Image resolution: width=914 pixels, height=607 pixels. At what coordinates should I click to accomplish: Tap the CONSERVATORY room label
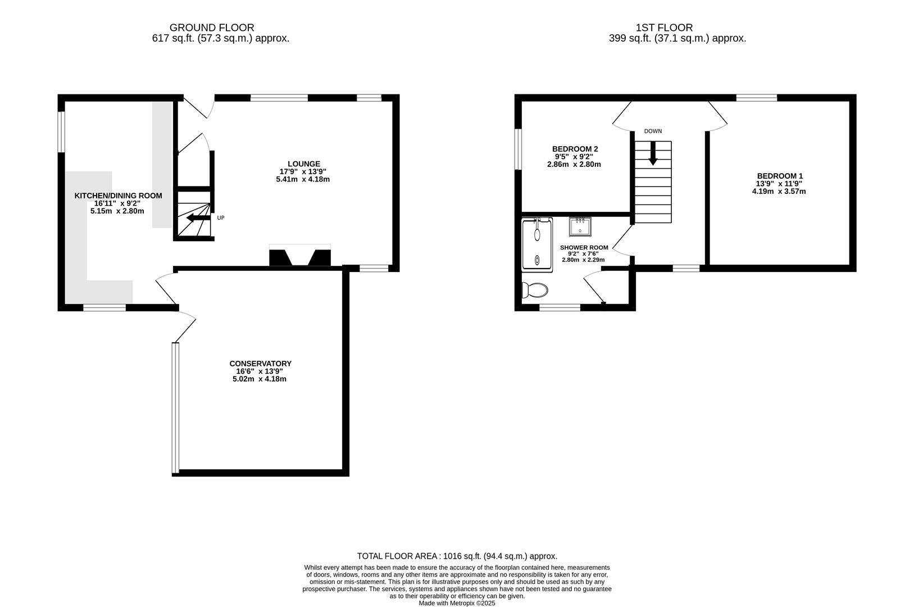260,364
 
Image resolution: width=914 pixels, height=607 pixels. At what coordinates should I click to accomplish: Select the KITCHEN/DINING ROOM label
118,196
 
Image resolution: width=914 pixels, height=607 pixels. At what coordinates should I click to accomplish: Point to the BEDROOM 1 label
779,176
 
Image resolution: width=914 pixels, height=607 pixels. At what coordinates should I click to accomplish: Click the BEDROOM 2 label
575,149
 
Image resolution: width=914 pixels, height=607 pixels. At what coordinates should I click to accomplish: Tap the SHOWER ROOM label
584,247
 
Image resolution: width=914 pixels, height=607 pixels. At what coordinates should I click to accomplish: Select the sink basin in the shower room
579,227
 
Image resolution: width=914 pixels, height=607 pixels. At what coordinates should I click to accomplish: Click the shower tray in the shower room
537,246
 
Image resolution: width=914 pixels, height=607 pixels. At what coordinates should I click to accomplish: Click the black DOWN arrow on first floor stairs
652,153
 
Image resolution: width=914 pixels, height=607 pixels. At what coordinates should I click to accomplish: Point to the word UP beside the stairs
221,218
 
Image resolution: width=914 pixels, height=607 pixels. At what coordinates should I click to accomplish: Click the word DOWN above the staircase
653,131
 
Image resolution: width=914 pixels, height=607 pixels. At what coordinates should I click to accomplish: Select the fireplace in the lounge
300,256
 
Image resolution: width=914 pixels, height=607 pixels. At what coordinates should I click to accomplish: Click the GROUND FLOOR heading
212,27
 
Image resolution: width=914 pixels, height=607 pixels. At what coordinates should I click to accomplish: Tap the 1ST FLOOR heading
664,27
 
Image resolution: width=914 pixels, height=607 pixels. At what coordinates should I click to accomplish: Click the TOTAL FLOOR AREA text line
457,556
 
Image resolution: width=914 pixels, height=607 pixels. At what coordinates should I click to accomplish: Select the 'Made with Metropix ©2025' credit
457,603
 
